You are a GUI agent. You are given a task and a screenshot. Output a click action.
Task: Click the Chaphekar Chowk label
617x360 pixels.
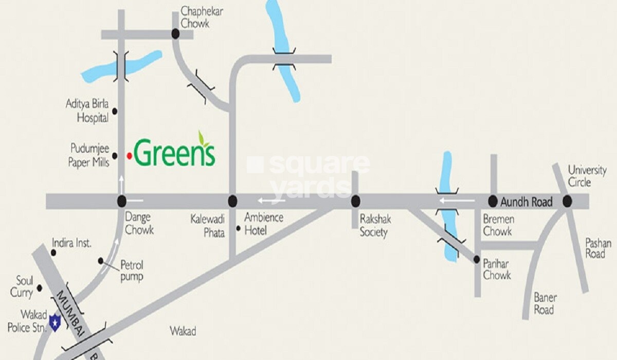click(x=202, y=17)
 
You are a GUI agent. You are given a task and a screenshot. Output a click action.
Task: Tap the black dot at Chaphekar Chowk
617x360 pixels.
click(x=175, y=34)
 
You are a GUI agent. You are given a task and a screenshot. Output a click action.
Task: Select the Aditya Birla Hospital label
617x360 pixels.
click(x=87, y=111)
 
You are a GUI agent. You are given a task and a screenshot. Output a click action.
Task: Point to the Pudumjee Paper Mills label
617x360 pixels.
click(x=90, y=155)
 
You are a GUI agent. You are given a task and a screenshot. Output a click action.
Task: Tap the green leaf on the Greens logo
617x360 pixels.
click(x=204, y=138)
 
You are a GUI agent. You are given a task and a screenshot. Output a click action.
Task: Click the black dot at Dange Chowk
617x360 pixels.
click(x=121, y=201)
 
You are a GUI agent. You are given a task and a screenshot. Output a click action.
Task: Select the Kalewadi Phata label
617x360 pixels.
click(x=208, y=225)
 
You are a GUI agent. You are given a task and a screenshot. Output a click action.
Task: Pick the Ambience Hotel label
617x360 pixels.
click(x=263, y=224)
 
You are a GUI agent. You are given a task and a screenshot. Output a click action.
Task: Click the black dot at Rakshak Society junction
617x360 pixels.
click(x=355, y=201)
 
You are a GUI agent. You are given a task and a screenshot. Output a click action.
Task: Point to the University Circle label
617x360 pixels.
click(x=587, y=176)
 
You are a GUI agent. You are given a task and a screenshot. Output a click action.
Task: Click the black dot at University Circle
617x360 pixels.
click(x=567, y=201)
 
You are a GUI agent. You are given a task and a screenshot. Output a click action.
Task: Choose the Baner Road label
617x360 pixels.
click(x=545, y=303)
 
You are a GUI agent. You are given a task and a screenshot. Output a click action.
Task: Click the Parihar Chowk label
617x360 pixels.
click(x=497, y=269)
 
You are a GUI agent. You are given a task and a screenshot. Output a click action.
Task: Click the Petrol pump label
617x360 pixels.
click(x=132, y=271)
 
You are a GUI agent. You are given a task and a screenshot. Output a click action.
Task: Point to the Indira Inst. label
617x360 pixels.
click(x=72, y=243)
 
